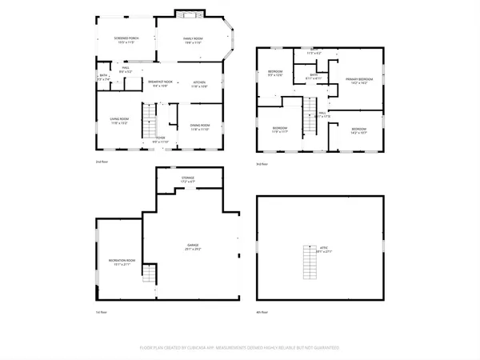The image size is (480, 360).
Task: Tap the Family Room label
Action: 193,39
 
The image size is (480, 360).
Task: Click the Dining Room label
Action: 199,126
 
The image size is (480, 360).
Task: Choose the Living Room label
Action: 121,121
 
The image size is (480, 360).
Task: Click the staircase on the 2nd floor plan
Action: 149,124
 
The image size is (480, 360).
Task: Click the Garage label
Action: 193,246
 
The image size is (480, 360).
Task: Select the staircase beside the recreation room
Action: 147,278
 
